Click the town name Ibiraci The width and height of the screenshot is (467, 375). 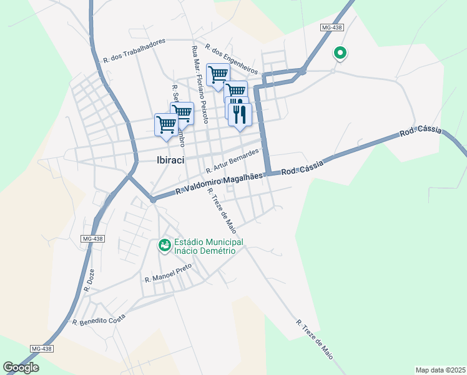pyautogui.click(x=175, y=160)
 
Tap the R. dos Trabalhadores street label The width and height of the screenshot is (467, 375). pyautogui.click(x=134, y=50)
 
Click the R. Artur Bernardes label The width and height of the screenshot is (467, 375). pyautogui.click(x=232, y=161)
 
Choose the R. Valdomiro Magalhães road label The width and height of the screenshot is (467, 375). pyautogui.click(x=219, y=183)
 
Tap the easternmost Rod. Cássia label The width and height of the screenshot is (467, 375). pyautogui.click(x=421, y=132)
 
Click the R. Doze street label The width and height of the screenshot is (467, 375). pyautogui.click(x=87, y=282)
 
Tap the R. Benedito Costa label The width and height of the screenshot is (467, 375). pyautogui.click(x=99, y=319)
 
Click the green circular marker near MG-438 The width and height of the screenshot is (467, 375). pyautogui.click(x=340, y=54)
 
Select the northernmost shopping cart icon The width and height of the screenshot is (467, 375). pyautogui.click(x=218, y=75)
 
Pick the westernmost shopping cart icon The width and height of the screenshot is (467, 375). pyautogui.click(x=166, y=124)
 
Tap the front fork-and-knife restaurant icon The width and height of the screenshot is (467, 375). pyautogui.click(x=240, y=114)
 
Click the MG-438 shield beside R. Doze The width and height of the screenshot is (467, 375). pyautogui.click(x=92, y=239)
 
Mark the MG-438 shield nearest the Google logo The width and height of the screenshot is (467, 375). pyautogui.click(x=41, y=348)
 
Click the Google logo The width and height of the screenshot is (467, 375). pyautogui.click(x=21, y=367)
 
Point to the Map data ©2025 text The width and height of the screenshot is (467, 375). pyautogui.click(x=440, y=370)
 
